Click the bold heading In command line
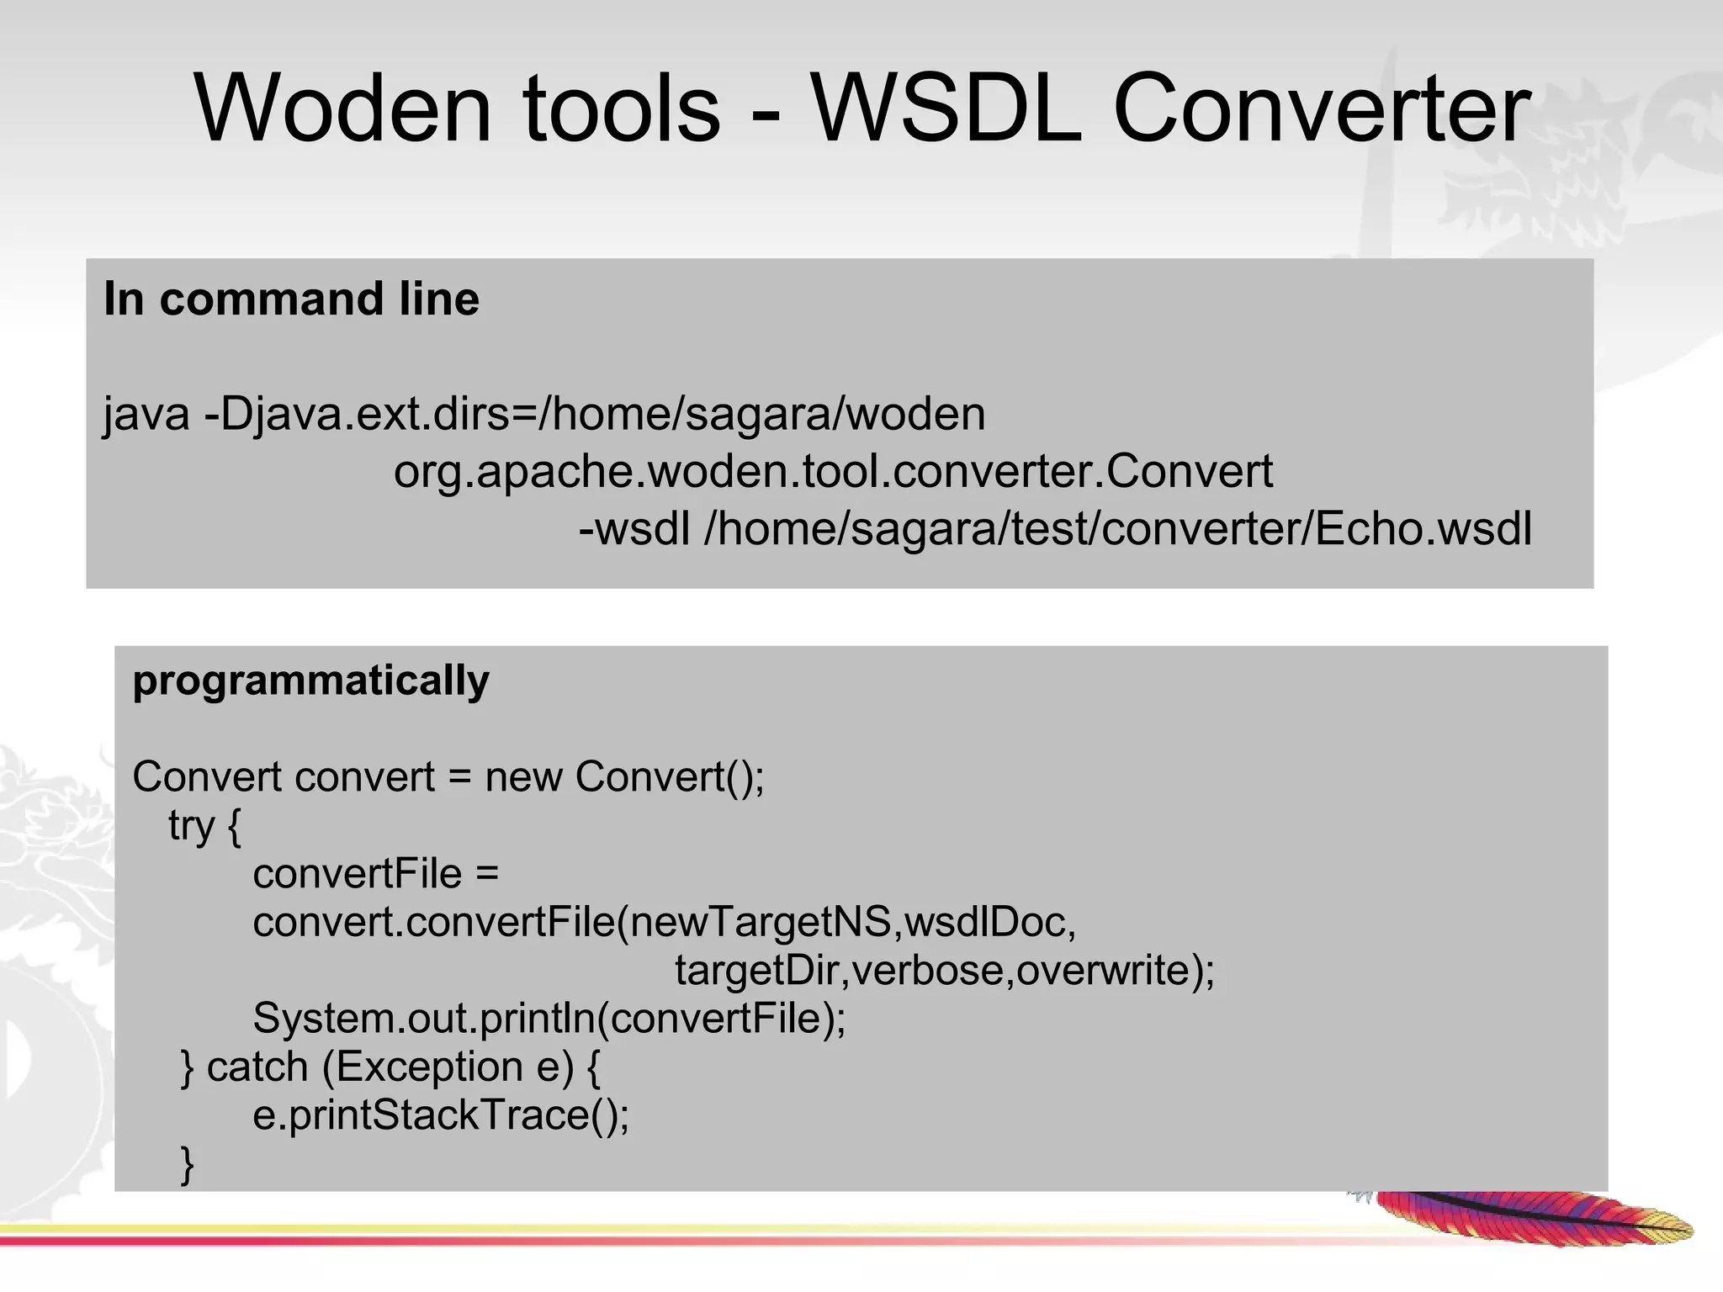[x=291, y=299]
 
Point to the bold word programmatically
[x=310, y=680]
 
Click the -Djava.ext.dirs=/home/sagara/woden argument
[x=595, y=414]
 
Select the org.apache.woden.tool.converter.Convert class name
[x=833, y=471]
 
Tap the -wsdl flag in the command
[x=634, y=529]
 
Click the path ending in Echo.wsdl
[x=1118, y=529]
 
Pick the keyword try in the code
[x=191, y=825]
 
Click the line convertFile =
[x=375, y=874]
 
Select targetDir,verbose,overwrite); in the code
[x=944, y=970]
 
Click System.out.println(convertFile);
[x=549, y=1019]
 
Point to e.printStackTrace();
[x=441, y=1115]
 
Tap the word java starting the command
[x=146, y=414]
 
